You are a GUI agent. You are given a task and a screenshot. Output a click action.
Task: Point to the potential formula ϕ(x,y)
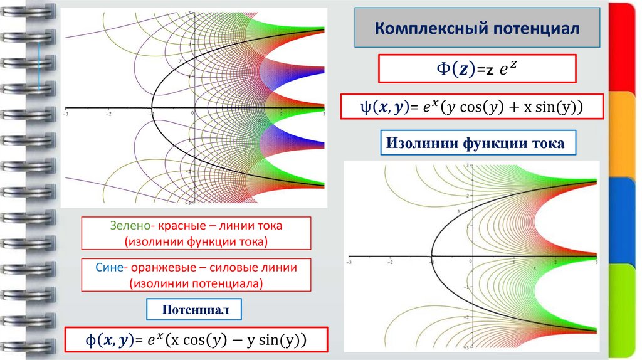pos(196,341)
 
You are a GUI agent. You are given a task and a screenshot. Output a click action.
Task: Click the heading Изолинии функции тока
pos(475,144)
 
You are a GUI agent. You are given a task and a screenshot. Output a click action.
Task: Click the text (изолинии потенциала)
pos(196,283)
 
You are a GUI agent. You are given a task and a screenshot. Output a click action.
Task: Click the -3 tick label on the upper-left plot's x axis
pos(65,115)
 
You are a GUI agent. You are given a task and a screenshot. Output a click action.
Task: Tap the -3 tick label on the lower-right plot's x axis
pos(350,262)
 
